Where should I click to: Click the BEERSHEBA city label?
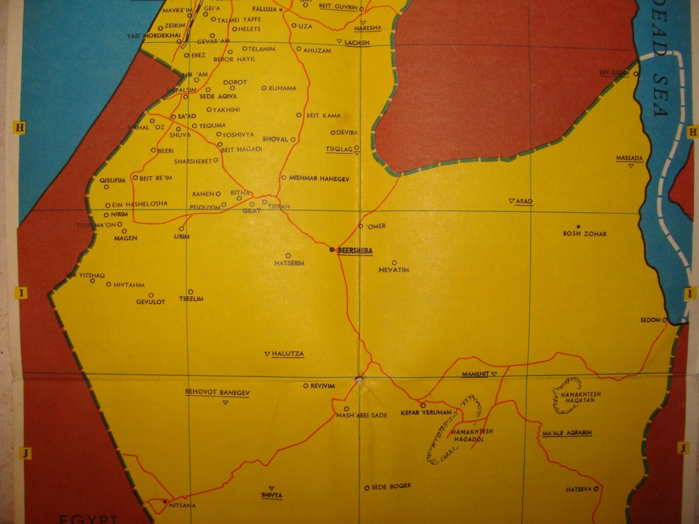point(355,251)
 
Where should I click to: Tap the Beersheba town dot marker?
point(332,249)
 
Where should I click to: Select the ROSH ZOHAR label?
point(585,234)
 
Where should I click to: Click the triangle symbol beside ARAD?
point(511,201)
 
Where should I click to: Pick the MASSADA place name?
point(630,158)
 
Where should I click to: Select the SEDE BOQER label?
point(391,486)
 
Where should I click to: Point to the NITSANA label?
point(182,506)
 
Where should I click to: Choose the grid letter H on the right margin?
point(692,132)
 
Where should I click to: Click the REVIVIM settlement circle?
point(306,386)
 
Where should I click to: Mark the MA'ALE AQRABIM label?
point(567,433)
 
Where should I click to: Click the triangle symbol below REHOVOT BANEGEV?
point(225,402)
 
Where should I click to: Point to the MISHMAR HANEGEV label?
point(319,179)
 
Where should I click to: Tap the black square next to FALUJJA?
point(281,9)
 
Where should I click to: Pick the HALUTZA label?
point(287,354)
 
